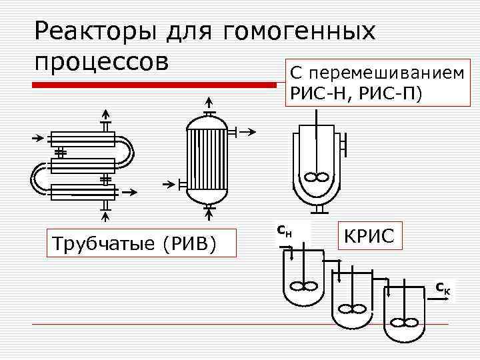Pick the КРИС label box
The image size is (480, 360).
[x=370, y=236]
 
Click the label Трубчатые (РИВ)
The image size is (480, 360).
[x=137, y=243]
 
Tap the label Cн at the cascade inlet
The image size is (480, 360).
[x=283, y=231]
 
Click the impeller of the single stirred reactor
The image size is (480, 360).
[x=317, y=178]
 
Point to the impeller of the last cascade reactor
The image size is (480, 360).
[x=401, y=323]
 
